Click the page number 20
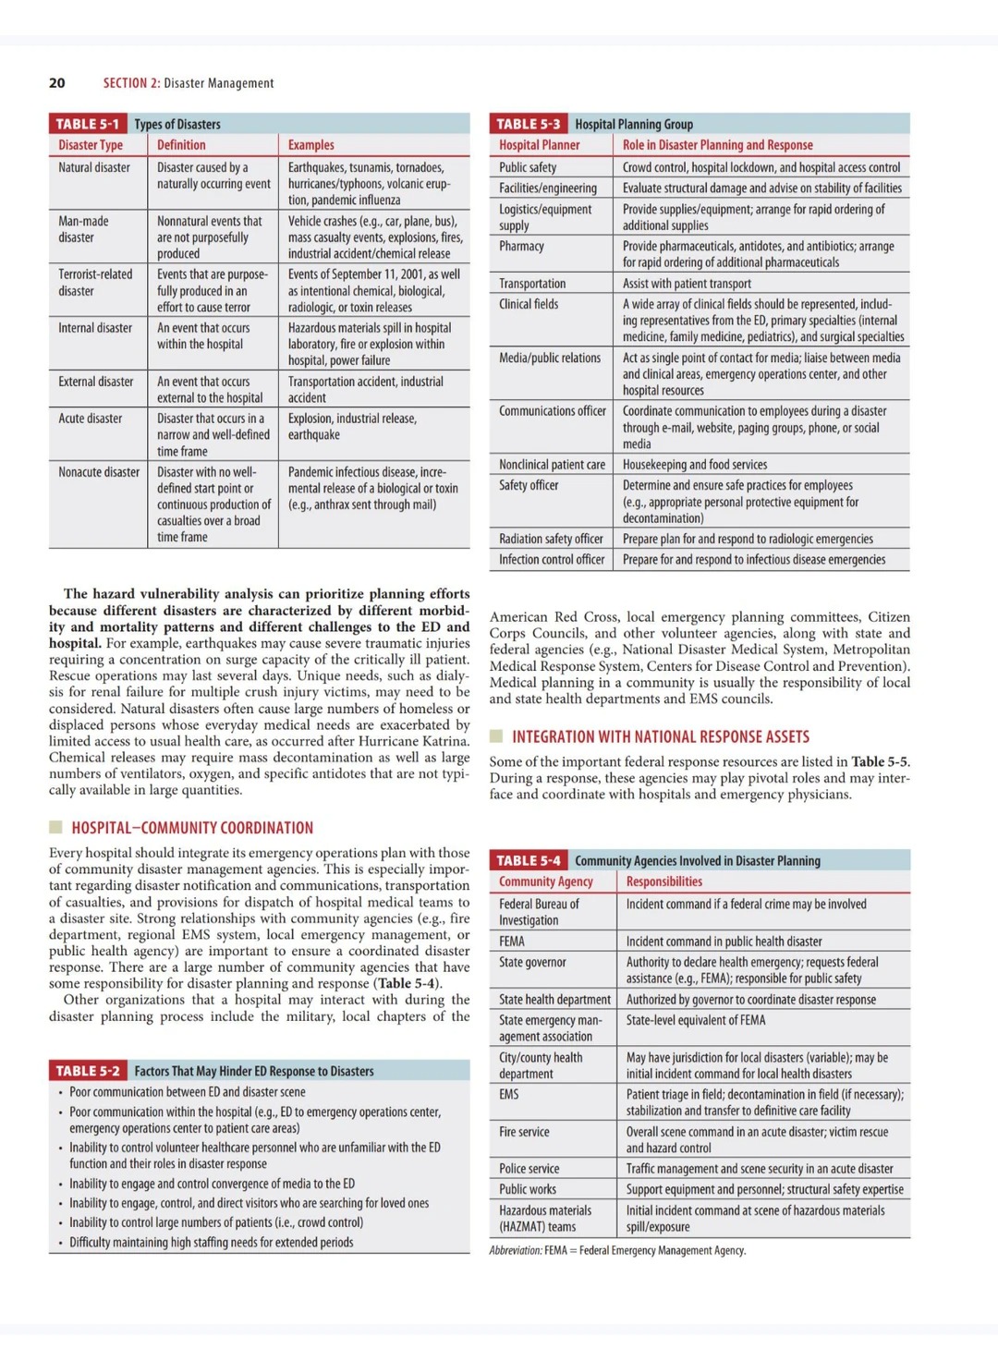pos(57,83)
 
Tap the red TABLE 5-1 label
pos(87,124)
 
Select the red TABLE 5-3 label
pos(528,124)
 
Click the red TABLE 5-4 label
pos(528,860)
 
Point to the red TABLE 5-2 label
pos(87,1071)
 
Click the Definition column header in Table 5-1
pos(181,145)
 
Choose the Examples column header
pos(311,145)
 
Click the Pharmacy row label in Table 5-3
pos(521,246)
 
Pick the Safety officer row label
pos(529,485)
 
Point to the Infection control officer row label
pos(552,559)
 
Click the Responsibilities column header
pos(664,881)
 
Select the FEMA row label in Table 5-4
pos(512,942)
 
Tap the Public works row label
pos(528,1189)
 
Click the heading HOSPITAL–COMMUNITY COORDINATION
pos(192,828)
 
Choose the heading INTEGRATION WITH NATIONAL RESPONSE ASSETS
pos(661,736)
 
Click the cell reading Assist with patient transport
pos(687,284)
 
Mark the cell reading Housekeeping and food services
pos(695,465)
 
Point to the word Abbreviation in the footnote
pos(515,1250)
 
